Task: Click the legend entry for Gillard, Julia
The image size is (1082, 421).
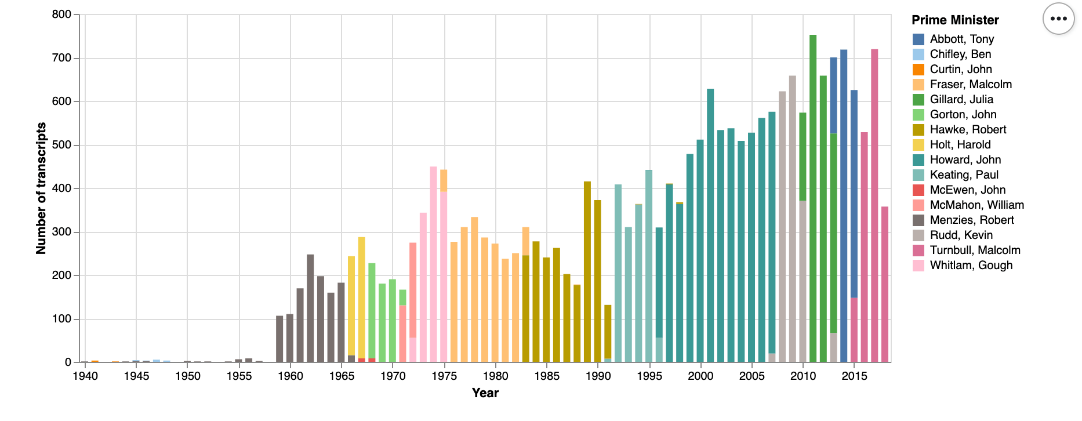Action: pyautogui.click(x=961, y=99)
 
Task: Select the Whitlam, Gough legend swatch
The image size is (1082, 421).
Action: pyautogui.click(x=918, y=265)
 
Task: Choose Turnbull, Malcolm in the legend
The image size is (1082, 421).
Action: pyautogui.click(x=975, y=250)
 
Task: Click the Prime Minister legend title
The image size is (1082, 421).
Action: pyautogui.click(x=955, y=20)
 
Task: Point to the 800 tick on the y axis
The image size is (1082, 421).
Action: pyautogui.click(x=62, y=14)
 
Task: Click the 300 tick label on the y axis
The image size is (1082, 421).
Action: pyautogui.click(x=62, y=232)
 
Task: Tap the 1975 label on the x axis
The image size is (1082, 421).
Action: pyautogui.click(x=444, y=376)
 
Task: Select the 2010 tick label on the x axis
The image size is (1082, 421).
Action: pyautogui.click(x=803, y=376)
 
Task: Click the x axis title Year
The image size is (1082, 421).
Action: pyautogui.click(x=485, y=393)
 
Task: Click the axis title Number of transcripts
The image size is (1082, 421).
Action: pyautogui.click(x=41, y=188)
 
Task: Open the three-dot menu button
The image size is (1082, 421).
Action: pyautogui.click(x=1058, y=19)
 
